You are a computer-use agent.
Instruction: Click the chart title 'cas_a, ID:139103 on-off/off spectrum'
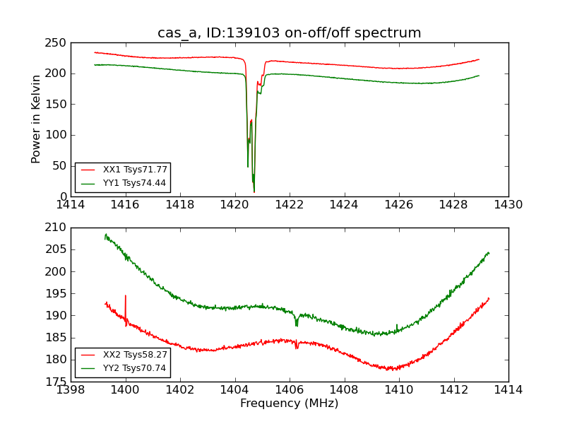coord(289,33)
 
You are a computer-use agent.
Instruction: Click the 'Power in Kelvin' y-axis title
coord(36,119)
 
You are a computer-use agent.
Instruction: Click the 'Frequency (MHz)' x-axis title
coord(289,404)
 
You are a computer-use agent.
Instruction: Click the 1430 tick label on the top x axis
coord(508,205)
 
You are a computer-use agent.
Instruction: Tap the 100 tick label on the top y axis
coord(57,135)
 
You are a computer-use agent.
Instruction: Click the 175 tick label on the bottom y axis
coord(57,382)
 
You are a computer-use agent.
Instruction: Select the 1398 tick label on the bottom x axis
coord(71,390)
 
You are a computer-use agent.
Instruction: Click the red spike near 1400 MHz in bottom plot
coord(126,297)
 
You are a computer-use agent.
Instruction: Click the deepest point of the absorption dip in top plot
coord(254,191)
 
